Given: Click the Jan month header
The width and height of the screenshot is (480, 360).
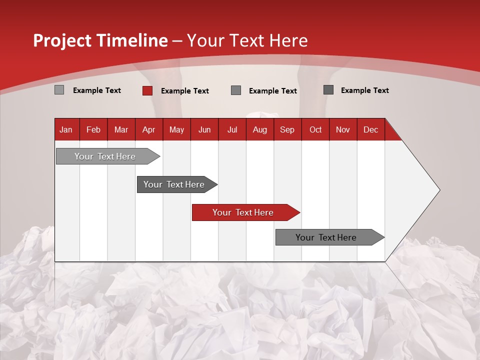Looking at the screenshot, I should [x=66, y=129].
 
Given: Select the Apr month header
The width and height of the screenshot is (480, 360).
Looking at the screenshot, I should [x=148, y=129].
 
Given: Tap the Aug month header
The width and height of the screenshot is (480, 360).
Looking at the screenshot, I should [x=259, y=129].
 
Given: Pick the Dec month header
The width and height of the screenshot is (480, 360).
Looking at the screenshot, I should [x=370, y=129].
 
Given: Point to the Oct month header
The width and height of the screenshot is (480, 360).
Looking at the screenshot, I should [x=315, y=129].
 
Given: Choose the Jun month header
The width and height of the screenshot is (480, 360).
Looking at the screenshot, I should [x=204, y=129].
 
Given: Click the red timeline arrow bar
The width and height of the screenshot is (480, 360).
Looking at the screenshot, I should [x=242, y=212].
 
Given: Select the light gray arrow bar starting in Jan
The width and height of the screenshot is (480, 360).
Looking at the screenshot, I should [x=105, y=156].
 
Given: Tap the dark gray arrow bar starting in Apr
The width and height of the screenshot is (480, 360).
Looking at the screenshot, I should [x=174, y=184].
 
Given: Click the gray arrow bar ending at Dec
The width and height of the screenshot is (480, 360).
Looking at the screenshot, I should [x=326, y=237].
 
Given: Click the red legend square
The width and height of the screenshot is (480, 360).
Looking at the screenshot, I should [x=147, y=90].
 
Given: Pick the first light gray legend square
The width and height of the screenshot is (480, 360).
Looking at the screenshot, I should [x=59, y=90].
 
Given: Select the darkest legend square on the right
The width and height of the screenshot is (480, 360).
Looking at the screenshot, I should [x=328, y=90].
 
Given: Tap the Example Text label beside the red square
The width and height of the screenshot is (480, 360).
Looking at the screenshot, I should [x=185, y=90].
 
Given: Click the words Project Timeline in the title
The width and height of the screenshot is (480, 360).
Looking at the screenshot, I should [x=100, y=40].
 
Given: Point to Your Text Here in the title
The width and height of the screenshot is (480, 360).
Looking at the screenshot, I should [x=247, y=40].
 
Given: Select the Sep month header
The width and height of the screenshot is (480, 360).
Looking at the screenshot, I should [x=287, y=129].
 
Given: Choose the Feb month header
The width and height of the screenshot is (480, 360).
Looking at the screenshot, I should [x=93, y=129].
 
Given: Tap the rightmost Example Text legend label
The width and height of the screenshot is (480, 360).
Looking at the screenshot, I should [x=364, y=90].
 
